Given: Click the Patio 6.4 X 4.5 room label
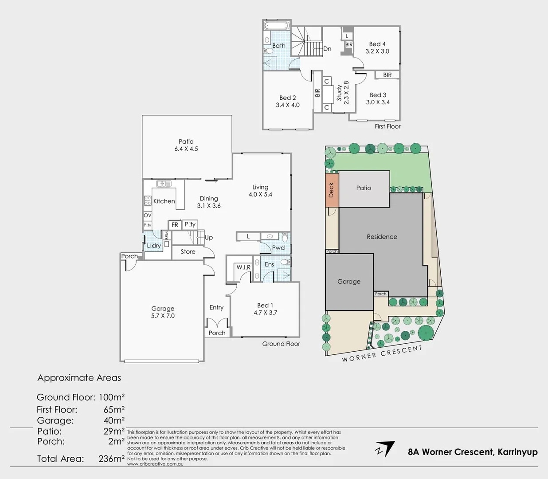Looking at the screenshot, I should pos(186,145).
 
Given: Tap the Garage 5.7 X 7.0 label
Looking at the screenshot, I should pos(163,312).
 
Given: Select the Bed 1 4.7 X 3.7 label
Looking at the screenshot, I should pos(265,309).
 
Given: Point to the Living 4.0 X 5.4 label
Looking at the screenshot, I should pos(260,191).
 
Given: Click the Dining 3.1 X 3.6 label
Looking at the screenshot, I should pos(209,202).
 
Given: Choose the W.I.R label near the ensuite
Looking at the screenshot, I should pos(243,267).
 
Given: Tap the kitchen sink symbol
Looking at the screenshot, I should pos(164,184).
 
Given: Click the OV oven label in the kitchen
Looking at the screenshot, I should pos(148,215).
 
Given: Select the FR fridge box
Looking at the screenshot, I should pos(175,225).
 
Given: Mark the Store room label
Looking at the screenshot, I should pos(188,251).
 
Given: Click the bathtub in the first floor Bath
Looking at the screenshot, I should pos(277,26).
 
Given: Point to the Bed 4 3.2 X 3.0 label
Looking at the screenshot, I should pos(377,47).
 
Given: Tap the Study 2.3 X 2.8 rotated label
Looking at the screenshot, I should pos(343,93).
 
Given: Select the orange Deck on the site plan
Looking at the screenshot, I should pos(332,190).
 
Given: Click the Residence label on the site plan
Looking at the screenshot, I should pos(382,237).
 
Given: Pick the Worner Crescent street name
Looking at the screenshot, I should pos(382,353).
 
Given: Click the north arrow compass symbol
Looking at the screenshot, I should pos(385,449).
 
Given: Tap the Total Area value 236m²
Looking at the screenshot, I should pos(111,459).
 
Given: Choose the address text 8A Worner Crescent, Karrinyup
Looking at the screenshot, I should pos(473,452).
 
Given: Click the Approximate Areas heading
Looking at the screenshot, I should pos(79,378).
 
